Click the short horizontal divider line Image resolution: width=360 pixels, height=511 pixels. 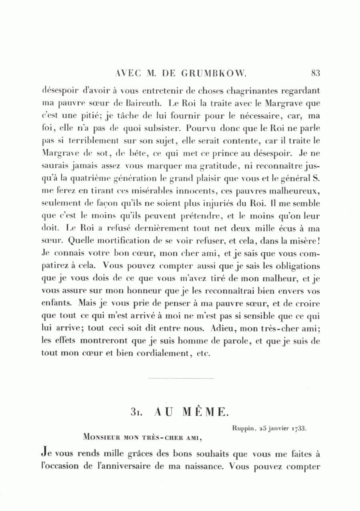click(181, 378)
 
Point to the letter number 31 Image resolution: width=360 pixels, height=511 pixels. click(136, 412)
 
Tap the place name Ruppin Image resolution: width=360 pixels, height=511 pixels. click(243, 428)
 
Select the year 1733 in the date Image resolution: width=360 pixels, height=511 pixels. click(299, 428)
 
